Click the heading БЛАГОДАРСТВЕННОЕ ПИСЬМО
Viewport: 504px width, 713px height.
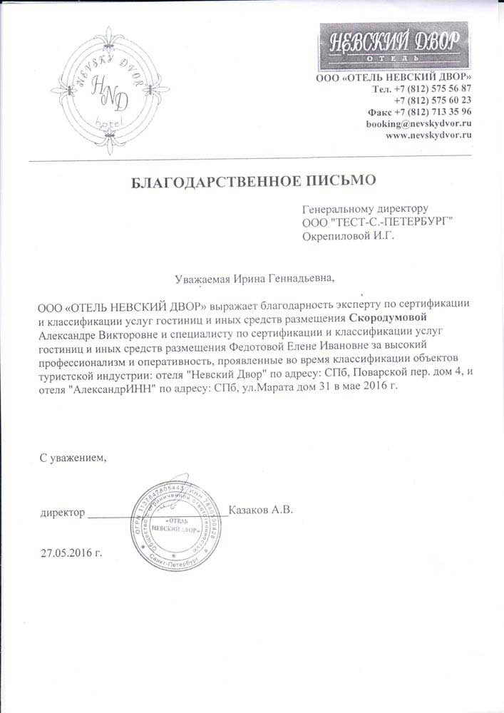click(x=254, y=181)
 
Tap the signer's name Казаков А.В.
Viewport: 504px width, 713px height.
click(x=262, y=510)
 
